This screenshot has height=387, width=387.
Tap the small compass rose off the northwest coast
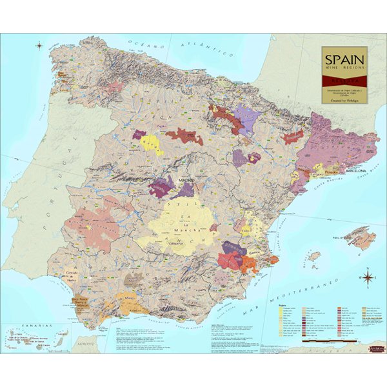click(39, 46)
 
